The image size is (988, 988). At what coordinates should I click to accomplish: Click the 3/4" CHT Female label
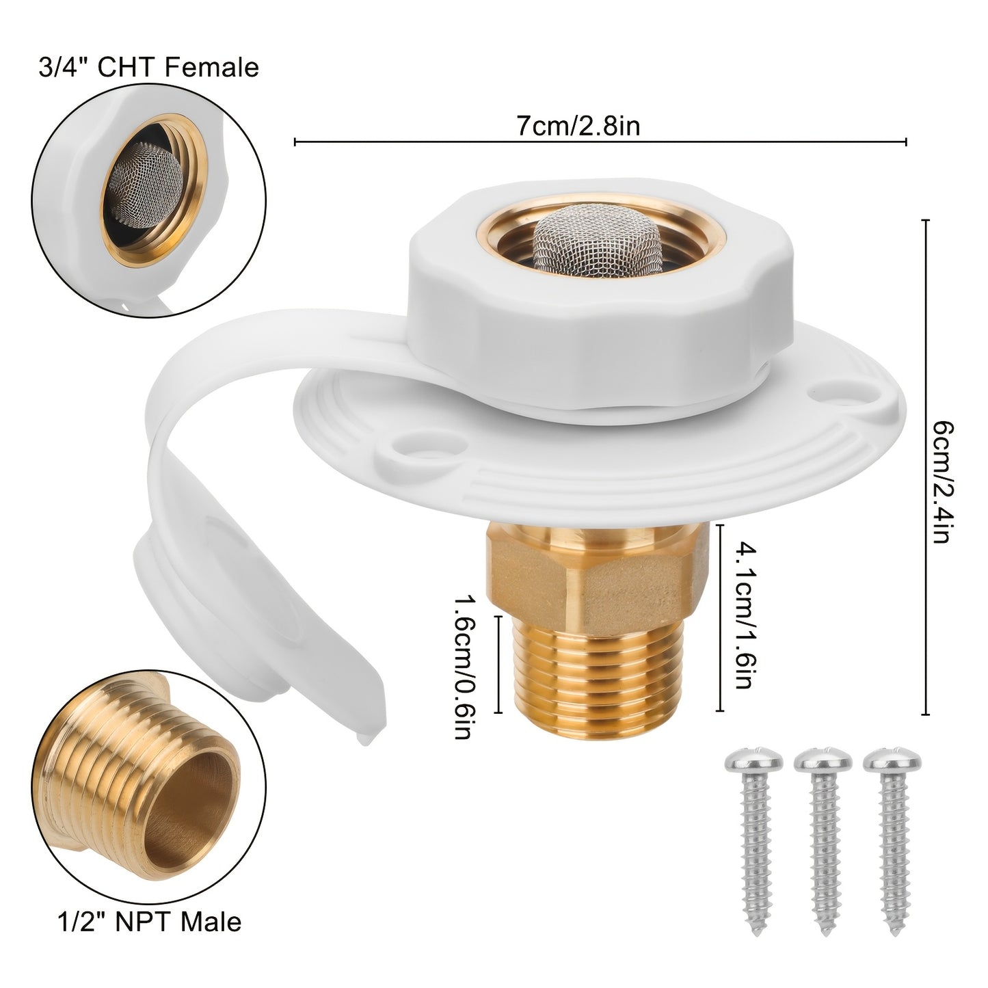point(148,68)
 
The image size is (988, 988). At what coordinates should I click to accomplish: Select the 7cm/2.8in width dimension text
point(578,126)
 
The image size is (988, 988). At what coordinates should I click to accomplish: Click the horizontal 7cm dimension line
point(410,142)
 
